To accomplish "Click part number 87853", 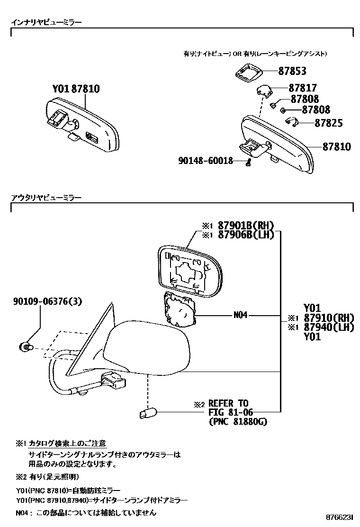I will point(292,71).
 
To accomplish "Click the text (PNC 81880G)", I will point(238,421).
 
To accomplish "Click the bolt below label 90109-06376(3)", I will point(27,347).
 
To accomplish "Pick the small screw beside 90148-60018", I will point(248,164).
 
